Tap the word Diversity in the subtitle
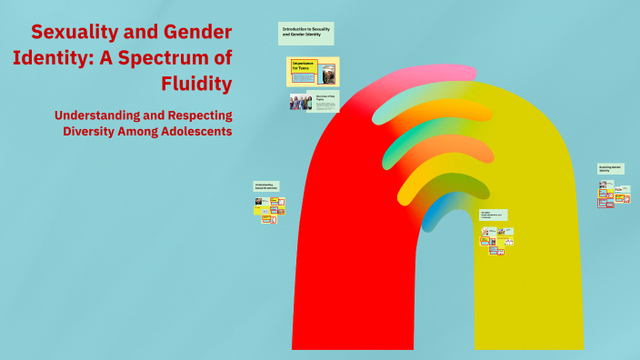94,131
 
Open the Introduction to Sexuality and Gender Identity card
305,34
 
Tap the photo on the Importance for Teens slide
327,73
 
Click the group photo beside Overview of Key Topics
301,102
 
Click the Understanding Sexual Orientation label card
265,186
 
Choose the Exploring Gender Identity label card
610,169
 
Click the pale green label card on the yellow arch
493,215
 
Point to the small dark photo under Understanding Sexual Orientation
258,201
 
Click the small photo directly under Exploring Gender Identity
602,184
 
